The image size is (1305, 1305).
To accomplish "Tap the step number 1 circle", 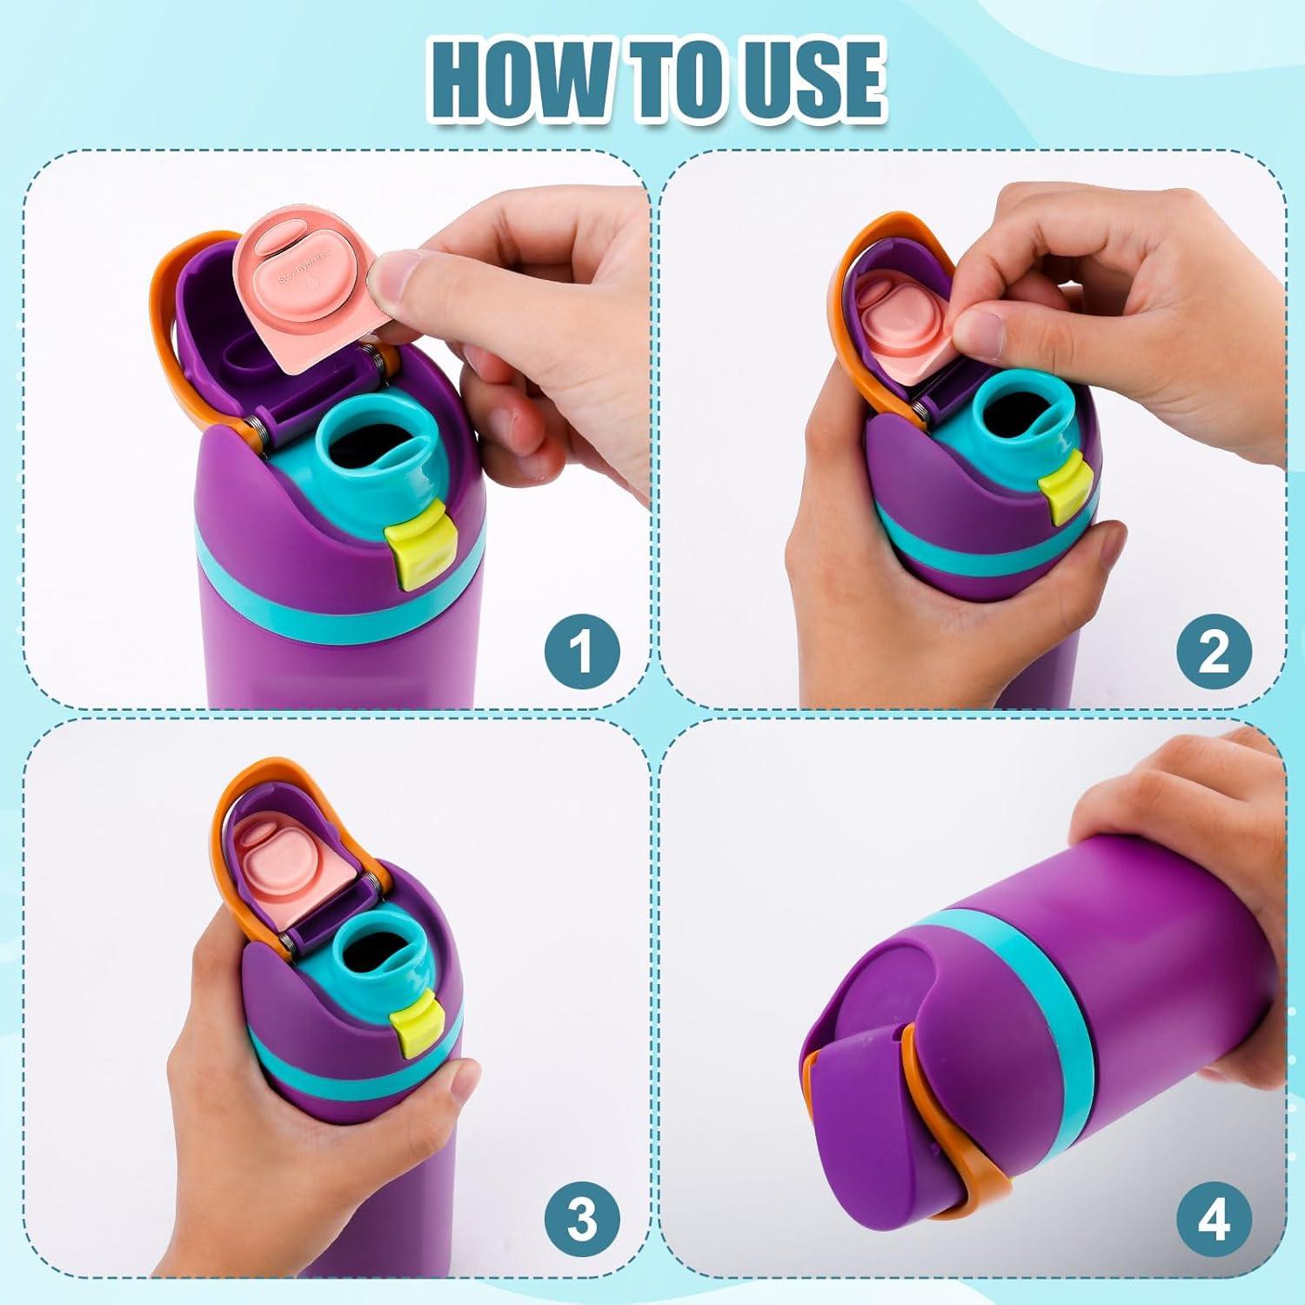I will pyautogui.click(x=582, y=652).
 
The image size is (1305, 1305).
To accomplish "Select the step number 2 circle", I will pyautogui.click(x=1214, y=652).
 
